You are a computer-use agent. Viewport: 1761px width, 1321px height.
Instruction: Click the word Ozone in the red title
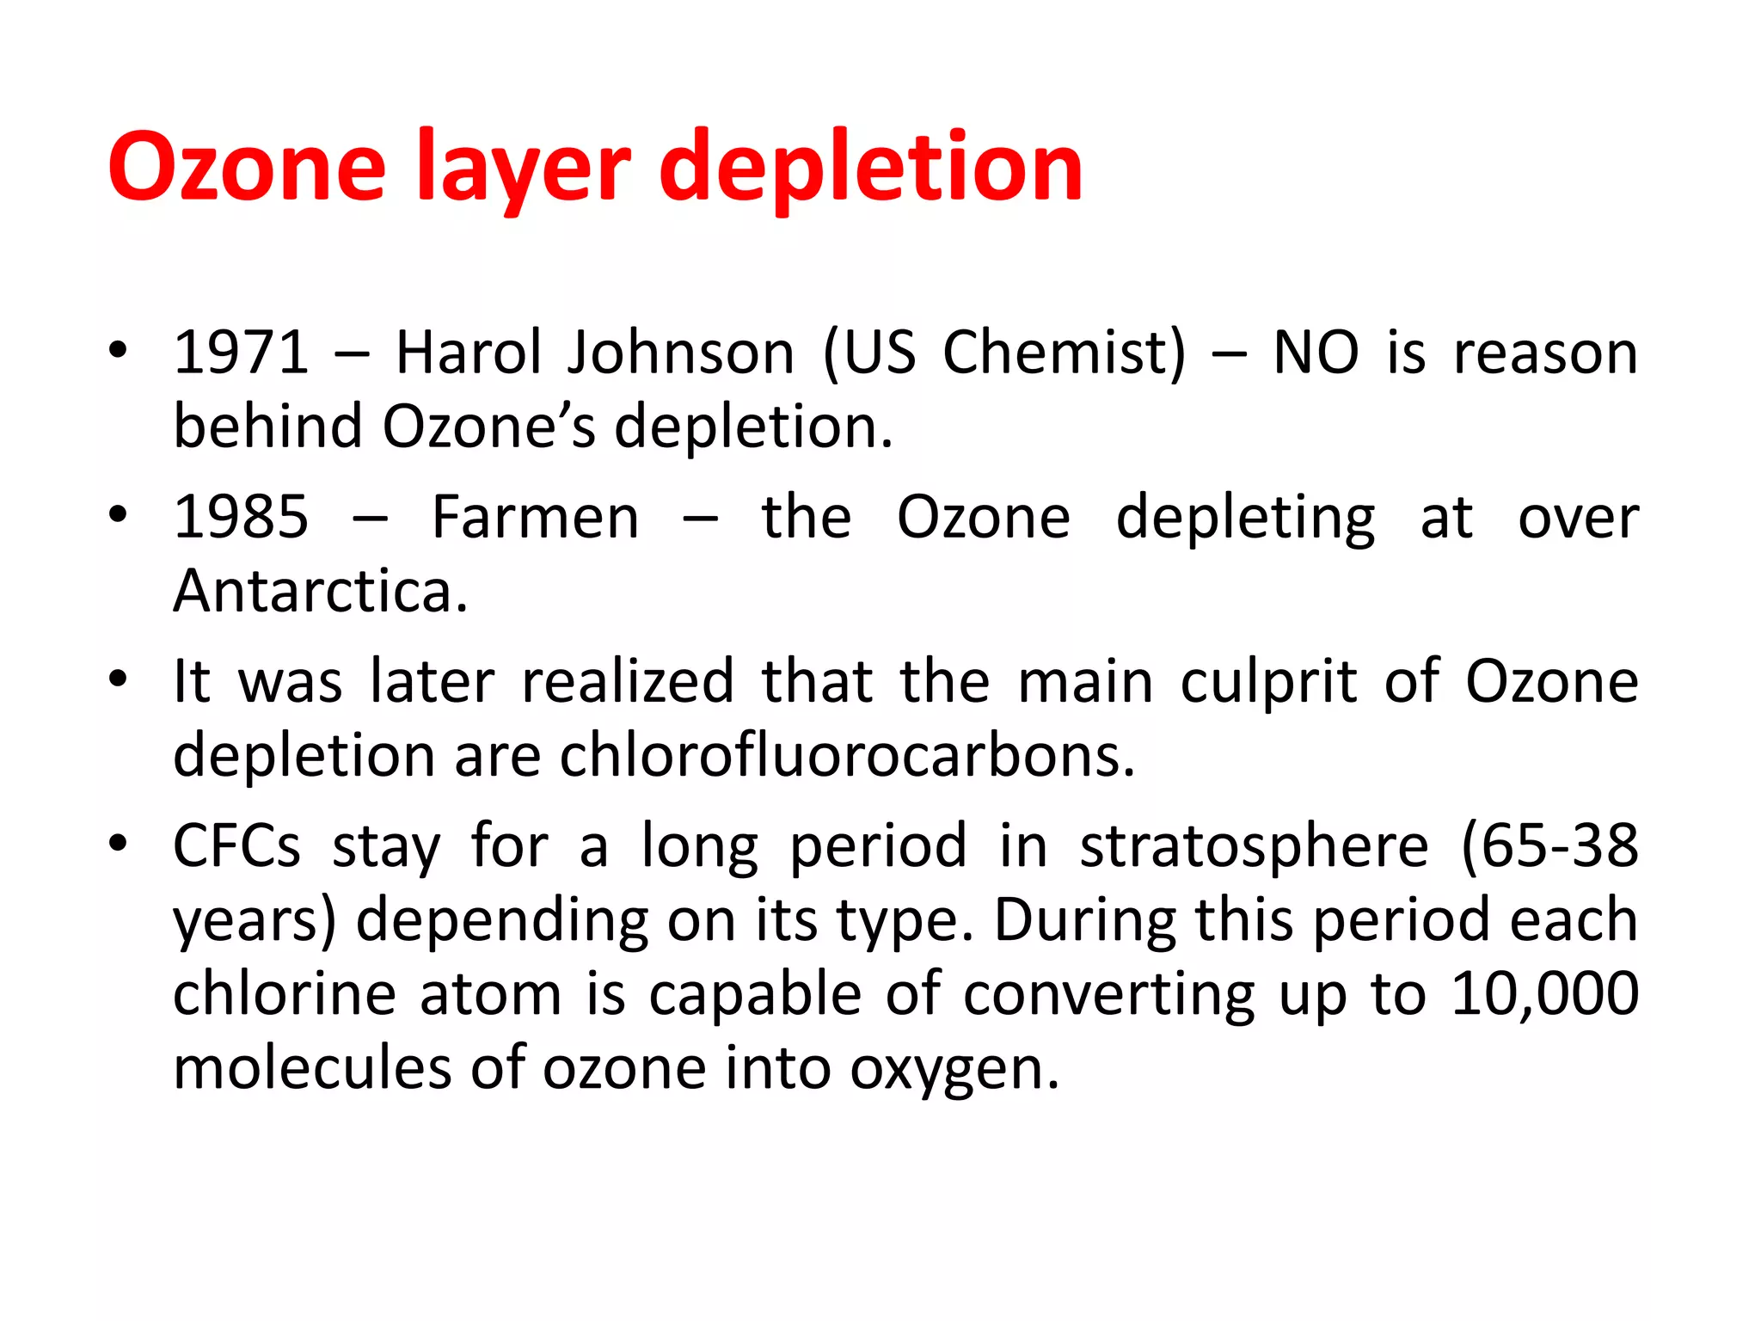click(x=248, y=166)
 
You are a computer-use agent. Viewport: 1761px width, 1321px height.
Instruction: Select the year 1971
click(x=242, y=353)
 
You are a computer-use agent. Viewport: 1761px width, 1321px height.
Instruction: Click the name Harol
click(x=469, y=353)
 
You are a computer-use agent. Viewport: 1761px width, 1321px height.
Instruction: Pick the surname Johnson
click(x=681, y=353)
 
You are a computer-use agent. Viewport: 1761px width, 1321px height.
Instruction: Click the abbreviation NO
click(x=1316, y=353)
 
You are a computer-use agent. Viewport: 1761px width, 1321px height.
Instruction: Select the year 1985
click(x=242, y=517)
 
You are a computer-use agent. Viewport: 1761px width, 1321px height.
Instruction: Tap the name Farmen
click(x=536, y=517)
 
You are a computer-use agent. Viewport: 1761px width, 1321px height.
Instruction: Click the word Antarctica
click(x=320, y=591)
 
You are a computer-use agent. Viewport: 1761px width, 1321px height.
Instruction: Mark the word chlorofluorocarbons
click(x=847, y=756)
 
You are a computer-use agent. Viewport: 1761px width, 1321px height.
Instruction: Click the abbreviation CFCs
click(x=237, y=845)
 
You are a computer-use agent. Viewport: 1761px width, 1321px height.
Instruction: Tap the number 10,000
click(x=1545, y=994)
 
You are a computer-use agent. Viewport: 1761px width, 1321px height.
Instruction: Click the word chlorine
click(x=283, y=994)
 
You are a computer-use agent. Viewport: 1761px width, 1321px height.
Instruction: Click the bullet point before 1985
click(x=118, y=514)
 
